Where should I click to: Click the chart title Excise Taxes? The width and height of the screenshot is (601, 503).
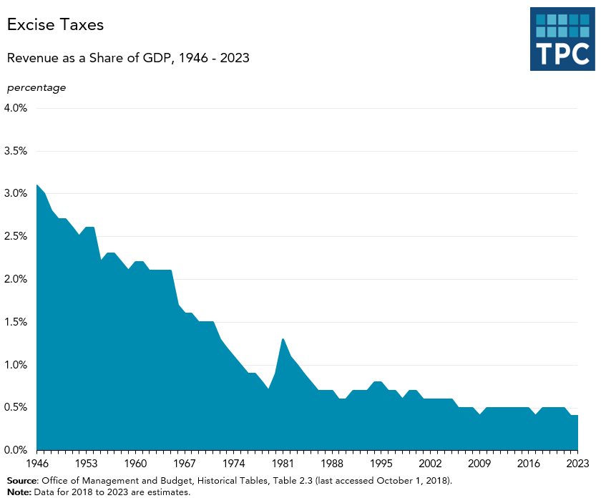click(x=55, y=24)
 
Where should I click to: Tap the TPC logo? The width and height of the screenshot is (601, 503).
click(x=562, y=40)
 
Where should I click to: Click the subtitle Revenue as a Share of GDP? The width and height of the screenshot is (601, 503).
click(x=128, y=58)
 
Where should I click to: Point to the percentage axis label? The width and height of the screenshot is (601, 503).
click(x=36, y=87)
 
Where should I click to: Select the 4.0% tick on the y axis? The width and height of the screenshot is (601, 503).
click(x=16, y=108)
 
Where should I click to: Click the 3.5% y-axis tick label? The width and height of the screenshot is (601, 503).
click(x=16, y=151)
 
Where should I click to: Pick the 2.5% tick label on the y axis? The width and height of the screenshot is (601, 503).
click(x=16, y=236)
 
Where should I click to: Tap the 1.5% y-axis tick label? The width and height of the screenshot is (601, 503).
click(x=16, y=322)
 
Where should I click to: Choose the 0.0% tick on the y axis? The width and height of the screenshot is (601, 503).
click(x=16, y=450)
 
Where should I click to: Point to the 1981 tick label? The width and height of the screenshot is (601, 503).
click(x=283, y=464)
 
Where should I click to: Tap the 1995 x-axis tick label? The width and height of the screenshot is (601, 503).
click(x=381, y=464)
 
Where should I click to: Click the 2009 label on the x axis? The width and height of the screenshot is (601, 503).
click(x=479, y=464)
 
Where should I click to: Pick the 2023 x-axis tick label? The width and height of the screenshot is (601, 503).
click(x=576, y=464)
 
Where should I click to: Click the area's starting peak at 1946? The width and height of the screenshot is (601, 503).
click(x=36, y=185)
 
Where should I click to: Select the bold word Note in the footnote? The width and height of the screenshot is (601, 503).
click(x=19, y=492)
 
